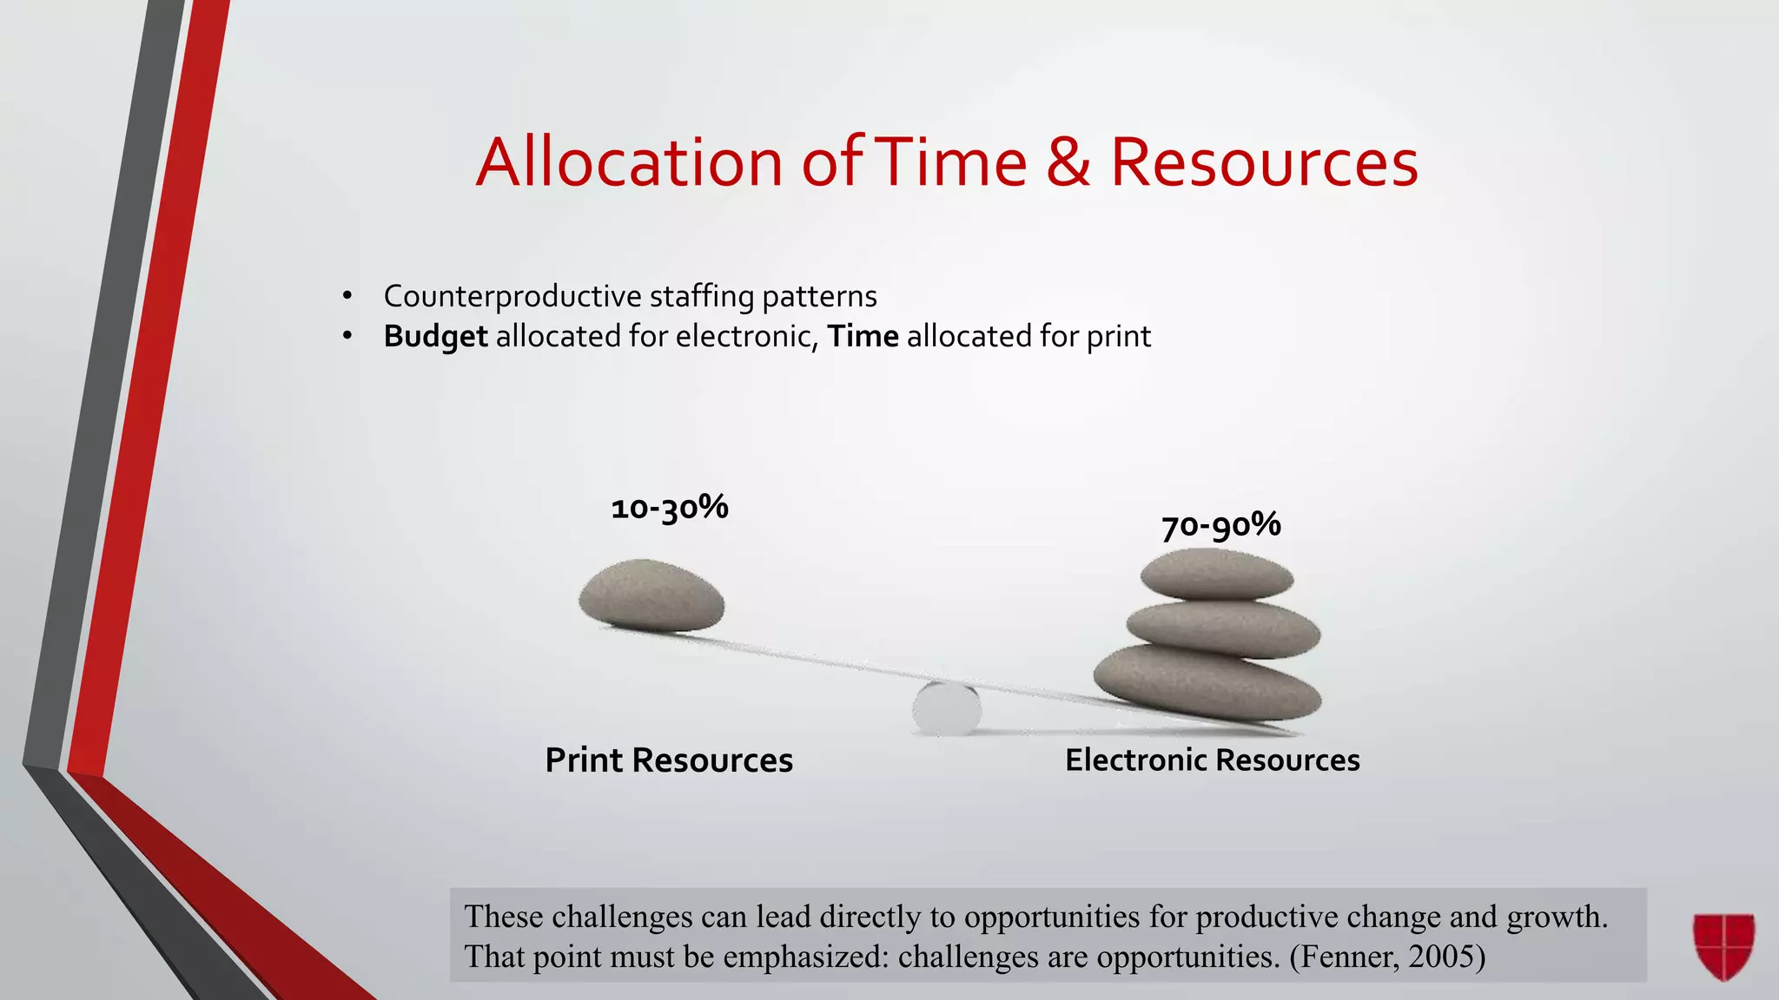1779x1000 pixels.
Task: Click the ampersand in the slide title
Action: [1068, 162]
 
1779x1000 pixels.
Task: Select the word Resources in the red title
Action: [1264, 162]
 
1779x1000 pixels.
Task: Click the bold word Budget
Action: [435, 337]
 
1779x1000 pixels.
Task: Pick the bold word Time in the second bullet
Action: [863, 336]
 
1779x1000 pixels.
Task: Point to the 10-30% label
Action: [669, 508]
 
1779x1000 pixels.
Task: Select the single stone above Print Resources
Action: [651, 595]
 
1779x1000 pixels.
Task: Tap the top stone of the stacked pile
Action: [1217, 574]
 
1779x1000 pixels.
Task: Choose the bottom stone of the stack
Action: [1207, 682]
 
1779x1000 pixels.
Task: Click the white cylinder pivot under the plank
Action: [947, 708]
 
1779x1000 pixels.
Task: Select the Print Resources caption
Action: [669, 760]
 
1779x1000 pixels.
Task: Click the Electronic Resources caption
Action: [1212, 760]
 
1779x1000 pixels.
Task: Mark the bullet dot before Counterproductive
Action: [347, 297]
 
